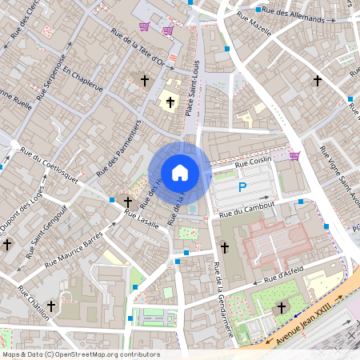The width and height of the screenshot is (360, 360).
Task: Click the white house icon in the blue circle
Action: [180, 173]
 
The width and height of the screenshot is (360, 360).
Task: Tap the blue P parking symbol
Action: [242, 188]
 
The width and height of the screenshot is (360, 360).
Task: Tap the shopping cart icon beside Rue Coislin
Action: [294, 156]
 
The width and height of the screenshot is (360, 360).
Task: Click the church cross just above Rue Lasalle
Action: [128, 202]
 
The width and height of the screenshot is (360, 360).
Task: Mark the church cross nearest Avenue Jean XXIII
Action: [281, 307]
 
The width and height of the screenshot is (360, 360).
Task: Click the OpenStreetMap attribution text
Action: [81, 354]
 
